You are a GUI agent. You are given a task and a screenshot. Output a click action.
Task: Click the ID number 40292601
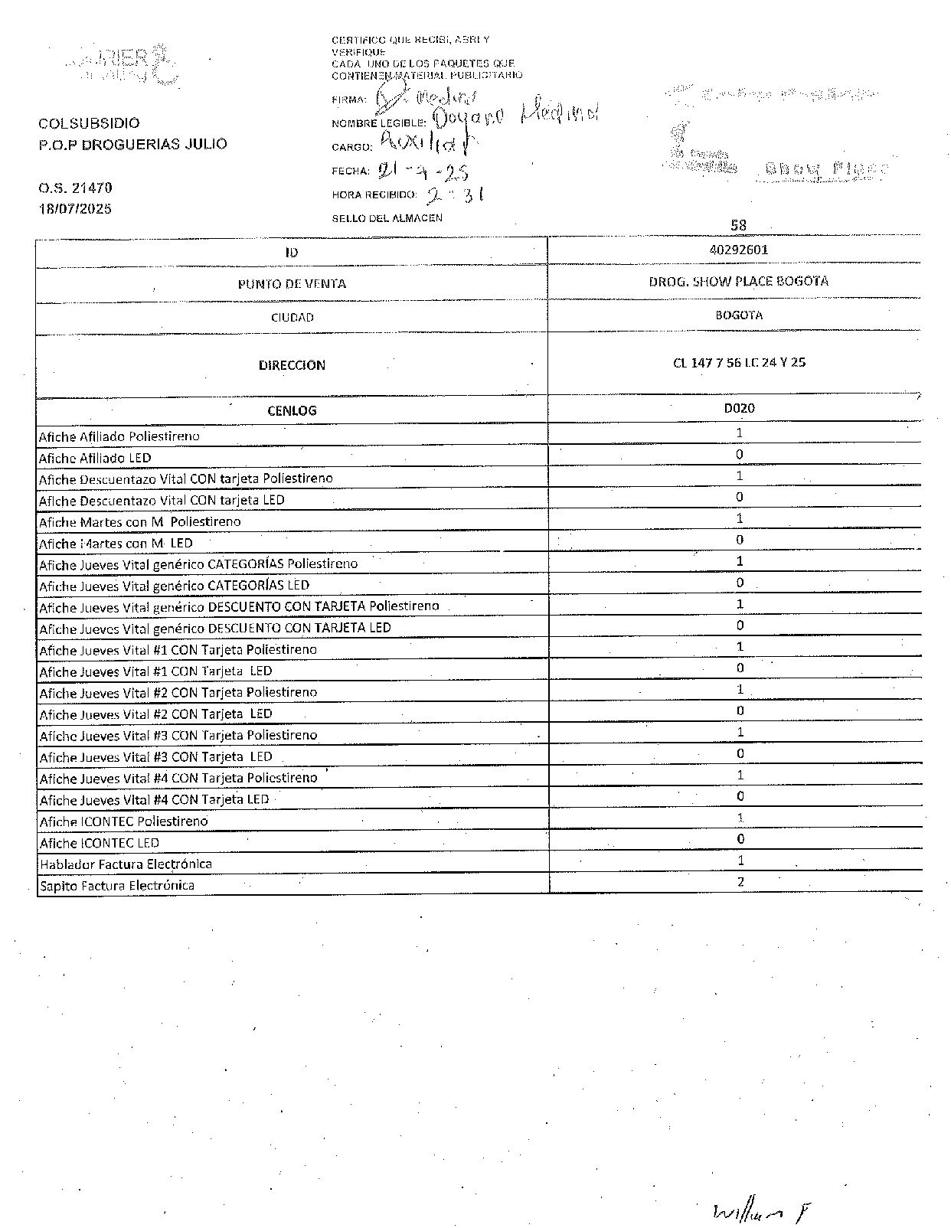739,250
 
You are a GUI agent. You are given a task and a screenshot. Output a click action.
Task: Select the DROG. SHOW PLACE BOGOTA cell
738,281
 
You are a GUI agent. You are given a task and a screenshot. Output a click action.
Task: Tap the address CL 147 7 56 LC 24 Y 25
739,362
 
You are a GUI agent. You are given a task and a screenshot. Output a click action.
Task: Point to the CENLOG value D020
739,408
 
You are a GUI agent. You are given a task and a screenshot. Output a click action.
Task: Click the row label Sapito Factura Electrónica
116,886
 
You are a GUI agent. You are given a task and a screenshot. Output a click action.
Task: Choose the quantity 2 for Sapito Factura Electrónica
740,881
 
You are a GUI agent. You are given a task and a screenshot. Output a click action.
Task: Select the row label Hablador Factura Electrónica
126,864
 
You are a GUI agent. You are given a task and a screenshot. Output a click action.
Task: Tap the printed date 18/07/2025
75,208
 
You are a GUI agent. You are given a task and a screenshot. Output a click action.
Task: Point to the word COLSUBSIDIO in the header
89,123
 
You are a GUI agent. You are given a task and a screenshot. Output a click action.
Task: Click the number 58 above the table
738,225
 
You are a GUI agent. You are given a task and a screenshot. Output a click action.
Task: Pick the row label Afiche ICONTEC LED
100,843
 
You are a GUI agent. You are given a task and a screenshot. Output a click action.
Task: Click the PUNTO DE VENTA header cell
292,284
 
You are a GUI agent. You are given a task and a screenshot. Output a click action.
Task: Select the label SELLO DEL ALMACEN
387,218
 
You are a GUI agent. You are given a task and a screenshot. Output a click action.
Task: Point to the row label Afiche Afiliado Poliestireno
119,436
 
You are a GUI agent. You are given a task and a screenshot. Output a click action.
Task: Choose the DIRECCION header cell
292,365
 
